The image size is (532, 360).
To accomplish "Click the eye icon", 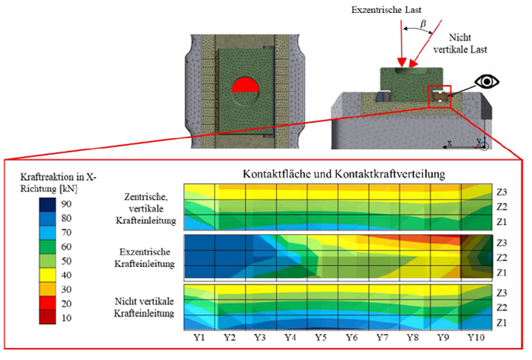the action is click(486, 82).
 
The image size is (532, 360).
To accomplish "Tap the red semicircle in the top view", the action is click(245, 86).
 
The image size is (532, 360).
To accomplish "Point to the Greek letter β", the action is click(423, 24).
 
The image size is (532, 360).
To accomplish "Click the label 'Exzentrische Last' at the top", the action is click(386, 10).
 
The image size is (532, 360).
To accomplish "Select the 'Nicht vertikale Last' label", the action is click(460, 43).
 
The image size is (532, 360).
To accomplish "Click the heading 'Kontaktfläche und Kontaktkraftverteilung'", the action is click(344, 174).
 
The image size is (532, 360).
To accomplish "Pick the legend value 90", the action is click(66, 204).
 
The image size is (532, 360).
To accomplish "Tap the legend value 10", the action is click(66, 318).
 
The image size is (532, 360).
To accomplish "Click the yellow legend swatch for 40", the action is click(47, 275).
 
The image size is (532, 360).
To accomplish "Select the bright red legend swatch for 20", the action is click(47, 304).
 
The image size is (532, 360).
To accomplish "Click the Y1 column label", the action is click(199, 337).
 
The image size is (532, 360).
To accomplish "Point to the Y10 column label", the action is click(476, 337).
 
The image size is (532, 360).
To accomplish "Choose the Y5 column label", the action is click(321, 337).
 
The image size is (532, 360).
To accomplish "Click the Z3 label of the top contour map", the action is click(502, 192).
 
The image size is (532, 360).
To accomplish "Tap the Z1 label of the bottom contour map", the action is click(502, 323).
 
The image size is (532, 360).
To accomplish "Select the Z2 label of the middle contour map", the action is click(502, 258).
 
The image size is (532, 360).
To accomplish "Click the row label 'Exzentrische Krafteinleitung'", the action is click(145, 258).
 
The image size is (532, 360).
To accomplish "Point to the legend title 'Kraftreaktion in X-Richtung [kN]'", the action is click(59, 182).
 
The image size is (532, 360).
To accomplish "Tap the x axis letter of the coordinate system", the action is click(450, 143).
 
